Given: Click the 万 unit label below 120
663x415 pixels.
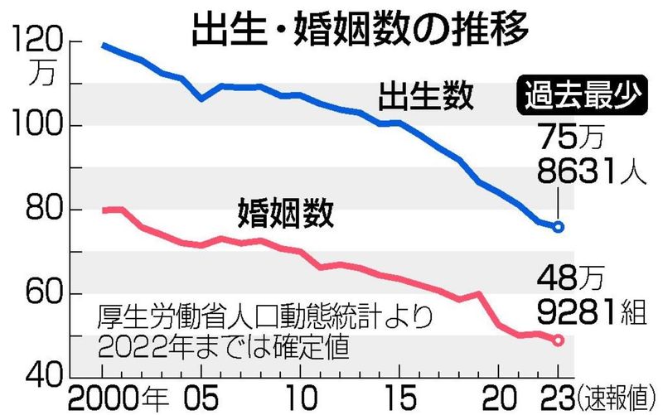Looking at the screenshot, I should [x=38, y=75].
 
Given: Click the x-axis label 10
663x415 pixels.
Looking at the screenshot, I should [x=292, y=397].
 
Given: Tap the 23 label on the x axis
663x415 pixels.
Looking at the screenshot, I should [x=556, y=397].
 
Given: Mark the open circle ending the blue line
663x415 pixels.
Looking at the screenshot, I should [x=559, y=227].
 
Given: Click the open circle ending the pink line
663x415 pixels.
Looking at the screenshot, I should [x=559, y=340].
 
